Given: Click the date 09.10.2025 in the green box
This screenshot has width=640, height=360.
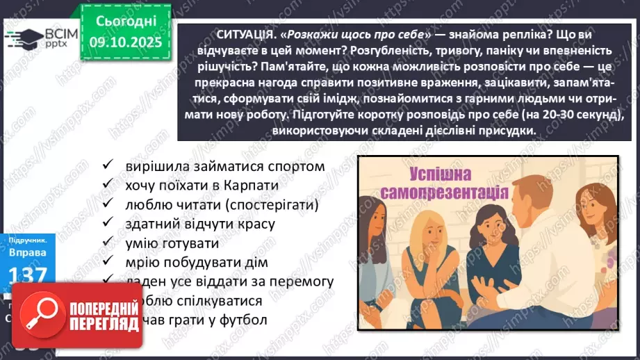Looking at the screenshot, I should [x=125, y=44].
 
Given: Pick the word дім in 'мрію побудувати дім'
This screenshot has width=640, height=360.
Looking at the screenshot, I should [x=256, y=263].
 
